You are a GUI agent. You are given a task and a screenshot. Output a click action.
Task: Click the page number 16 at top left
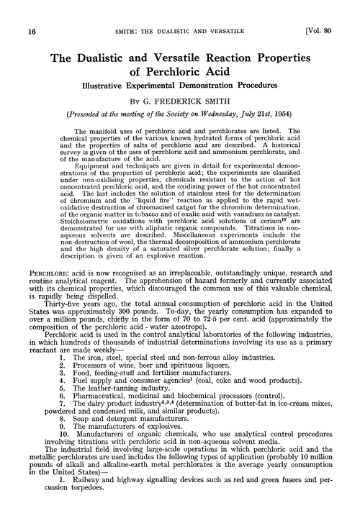14,10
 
